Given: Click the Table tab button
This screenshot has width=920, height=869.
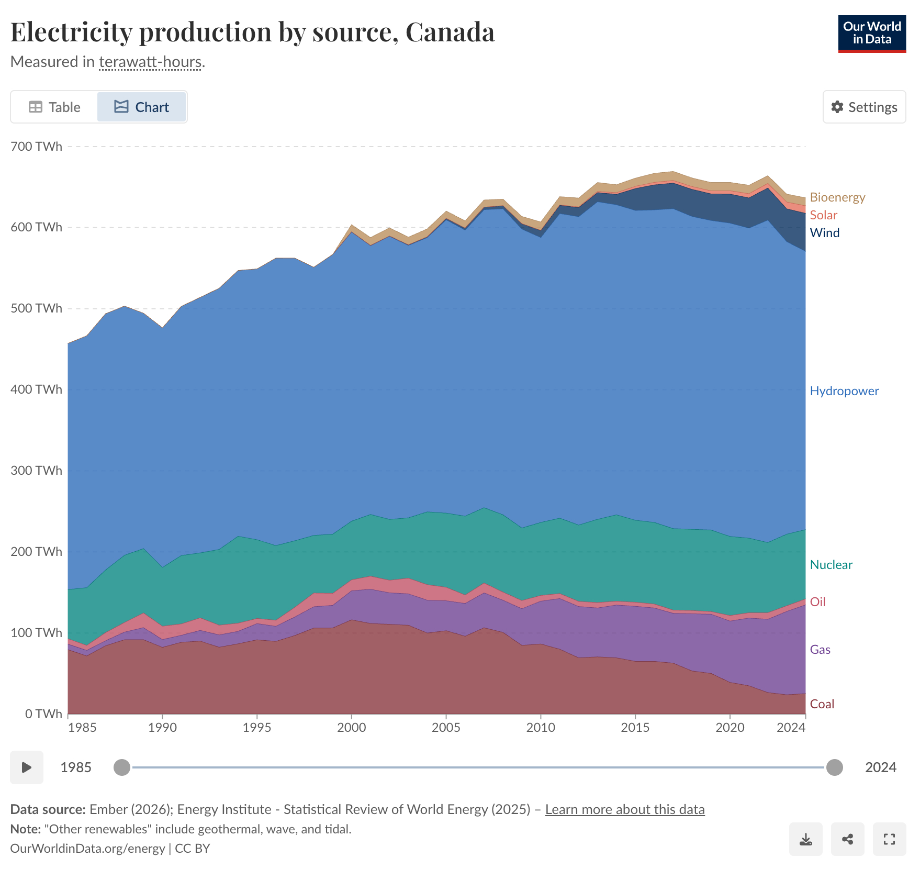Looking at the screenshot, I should pos(54,107).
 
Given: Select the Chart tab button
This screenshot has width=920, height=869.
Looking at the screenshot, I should pos(141,107).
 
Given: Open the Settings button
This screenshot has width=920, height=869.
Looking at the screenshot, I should pos(864,107).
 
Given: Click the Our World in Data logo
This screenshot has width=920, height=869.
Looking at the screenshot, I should pos(872,34).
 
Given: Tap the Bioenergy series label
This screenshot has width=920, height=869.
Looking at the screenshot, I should pos(837,197).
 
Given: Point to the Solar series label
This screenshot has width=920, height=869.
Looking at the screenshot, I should pos(823,215).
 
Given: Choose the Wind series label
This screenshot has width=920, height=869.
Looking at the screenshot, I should pos(824,233).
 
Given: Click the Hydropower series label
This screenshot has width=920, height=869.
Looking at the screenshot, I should pos(844,391).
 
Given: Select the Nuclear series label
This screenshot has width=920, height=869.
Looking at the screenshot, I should pos(831,565).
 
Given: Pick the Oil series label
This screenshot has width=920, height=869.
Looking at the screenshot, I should pos(817,602).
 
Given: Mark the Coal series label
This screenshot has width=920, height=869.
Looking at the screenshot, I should pos(822,704).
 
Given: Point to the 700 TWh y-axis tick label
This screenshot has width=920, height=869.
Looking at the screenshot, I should pos(36,147).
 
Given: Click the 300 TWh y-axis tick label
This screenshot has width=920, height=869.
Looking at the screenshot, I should pos(36,471).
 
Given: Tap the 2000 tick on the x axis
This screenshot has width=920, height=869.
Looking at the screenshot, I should pos(351,728).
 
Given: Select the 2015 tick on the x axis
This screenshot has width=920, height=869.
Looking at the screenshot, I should pos(635,728).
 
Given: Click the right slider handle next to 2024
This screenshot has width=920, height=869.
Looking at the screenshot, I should pos(834,767).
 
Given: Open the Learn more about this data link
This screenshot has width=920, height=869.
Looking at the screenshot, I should pos(625,809).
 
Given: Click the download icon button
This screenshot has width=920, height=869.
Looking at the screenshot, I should pos(805,839).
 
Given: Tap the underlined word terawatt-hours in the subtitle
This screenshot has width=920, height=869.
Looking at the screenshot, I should pos(150,62).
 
